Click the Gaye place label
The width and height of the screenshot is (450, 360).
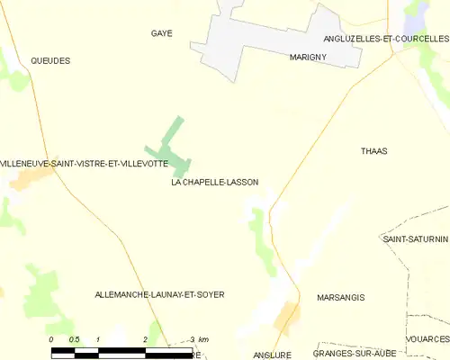click(x=162, y=33)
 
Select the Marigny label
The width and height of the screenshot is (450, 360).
click(x=308, y=57)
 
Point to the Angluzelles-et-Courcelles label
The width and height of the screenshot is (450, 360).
click(x=385, y=39)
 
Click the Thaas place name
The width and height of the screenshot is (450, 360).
click(x=373, y=151)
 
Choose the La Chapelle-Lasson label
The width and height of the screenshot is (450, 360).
click(x=214, y=182)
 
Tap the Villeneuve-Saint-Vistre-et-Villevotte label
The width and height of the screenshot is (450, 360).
click(x=84, y=163)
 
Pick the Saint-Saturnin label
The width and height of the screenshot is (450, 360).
click(x=415, y=239)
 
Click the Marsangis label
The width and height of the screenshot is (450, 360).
click(x=341, y=297)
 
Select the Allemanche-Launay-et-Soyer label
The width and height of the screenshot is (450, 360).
click(x=159, y=294)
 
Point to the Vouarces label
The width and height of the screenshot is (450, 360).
click(x=427, y=339)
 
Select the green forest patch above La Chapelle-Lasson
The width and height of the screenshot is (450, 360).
click(x=171, y=148)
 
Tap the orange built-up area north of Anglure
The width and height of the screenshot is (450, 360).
click(x=287, y=317)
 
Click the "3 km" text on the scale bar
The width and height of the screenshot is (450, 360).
click(x=200, y=339)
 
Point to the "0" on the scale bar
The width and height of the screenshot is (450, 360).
click(x=52, y=339)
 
